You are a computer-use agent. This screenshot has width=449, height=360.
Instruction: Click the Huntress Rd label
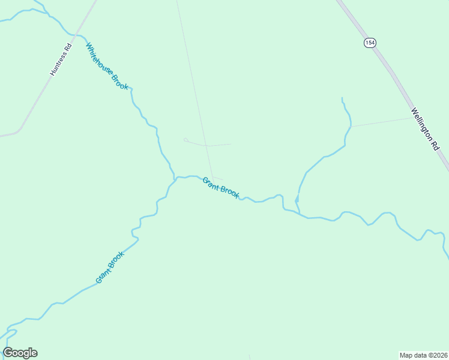tap(61, 59)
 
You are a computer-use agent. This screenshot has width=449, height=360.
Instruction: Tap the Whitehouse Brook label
tap(107, 67)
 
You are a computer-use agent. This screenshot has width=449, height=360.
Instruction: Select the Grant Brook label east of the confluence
tap(221, 187)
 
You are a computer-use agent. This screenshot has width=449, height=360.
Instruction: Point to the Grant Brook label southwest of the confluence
tap(110, 268)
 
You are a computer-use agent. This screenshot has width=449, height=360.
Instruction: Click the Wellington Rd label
tap(426, 128)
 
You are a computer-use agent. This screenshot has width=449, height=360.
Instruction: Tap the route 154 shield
tap(369, 42)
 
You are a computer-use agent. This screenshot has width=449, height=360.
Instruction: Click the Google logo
tap(20, 353)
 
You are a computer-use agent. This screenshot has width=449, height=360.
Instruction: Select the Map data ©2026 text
tap(424, 355)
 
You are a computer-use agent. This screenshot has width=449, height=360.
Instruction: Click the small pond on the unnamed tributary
tap(297, 198)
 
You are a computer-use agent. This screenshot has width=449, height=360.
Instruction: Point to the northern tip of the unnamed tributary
tap(342, 98)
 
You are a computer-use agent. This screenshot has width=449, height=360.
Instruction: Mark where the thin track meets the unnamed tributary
tap(351, 127)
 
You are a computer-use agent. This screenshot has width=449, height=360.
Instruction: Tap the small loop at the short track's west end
tap(185, 140)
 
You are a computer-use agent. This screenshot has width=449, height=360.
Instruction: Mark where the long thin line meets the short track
tap(206, 145)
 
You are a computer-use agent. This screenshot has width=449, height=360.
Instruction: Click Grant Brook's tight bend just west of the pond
tap(280, 196)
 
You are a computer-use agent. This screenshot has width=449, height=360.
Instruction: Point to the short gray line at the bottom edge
tap(249, 357)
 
